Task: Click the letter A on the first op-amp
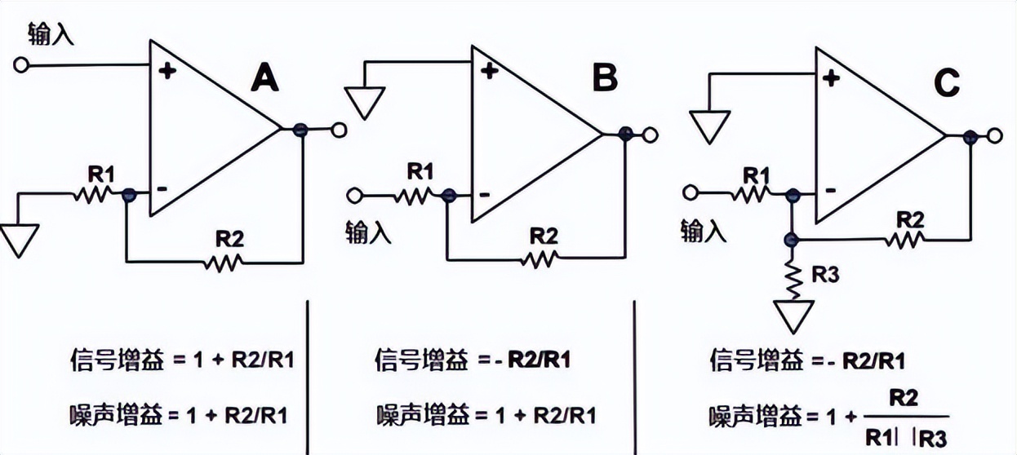click(x=264, y=79)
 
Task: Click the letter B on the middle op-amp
click(x=605, y=79)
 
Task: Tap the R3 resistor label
click(x=825, y=276)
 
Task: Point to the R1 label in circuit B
click(x=420, y=172)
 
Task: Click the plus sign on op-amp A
click(x=168, y=72)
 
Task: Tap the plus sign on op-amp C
click(x=831, y=78)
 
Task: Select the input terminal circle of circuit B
click(x=353, y=195)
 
